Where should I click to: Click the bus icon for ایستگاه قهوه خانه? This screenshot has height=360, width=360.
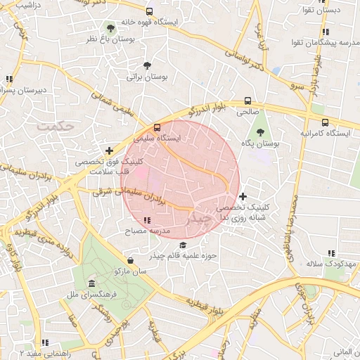pos(149,12)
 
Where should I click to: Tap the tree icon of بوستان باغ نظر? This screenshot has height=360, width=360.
pos(110,29)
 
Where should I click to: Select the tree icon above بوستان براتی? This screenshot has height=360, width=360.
pos(146,65)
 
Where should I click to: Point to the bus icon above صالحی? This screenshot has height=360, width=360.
pos(247,101)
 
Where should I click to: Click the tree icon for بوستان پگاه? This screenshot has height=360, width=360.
pos(260,132)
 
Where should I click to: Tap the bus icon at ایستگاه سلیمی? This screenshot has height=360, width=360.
pos(157,128)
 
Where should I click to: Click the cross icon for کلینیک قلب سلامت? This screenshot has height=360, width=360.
pos(109,150)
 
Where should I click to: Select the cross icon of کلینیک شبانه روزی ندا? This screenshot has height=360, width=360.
pos(243,197)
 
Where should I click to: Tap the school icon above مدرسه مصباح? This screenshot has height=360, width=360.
pos(146,221)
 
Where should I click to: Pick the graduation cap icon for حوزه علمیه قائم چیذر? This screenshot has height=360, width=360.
pos(184,245)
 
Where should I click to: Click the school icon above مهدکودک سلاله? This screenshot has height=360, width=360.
pos(332,253)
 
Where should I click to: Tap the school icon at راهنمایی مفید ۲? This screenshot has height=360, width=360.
pos(45,342)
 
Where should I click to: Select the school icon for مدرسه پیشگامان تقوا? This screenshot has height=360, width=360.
pos(324,32)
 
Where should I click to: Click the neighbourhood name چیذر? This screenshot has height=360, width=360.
pos(201,219)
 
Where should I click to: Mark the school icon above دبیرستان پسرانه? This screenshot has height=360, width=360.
pos(8,79)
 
